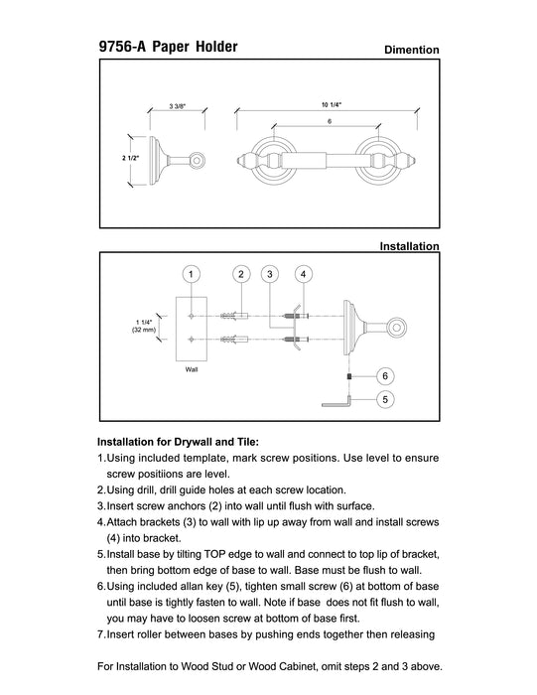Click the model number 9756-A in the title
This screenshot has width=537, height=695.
click(x=122, y=47)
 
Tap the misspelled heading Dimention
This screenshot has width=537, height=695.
click(x=412, y=50)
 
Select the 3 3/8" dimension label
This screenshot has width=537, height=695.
click(x=178, y=106)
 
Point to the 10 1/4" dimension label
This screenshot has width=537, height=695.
click(x=332, y=105)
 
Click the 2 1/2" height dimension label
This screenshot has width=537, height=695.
click(x=131, y=158)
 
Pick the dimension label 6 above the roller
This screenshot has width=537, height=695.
click(x=330, y=121)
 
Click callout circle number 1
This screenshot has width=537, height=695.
click(x=191, y=274)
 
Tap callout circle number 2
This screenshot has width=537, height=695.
click(x=241, y=274)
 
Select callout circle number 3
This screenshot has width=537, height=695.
click(x=270, y=274)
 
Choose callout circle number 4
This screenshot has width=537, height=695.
click(x=303, y=274)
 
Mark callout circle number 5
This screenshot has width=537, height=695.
click(x=385, y=399)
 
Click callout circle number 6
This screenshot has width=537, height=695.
click(x=385, y=376)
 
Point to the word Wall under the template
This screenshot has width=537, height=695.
click(x=192, y=369)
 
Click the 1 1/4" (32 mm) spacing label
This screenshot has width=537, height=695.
click(x=144, y=327)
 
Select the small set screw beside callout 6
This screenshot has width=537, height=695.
click(x=349, y=376)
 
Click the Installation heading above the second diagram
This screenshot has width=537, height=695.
click(x=409, y=246)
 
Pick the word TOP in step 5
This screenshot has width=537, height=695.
click(x=214, y=554)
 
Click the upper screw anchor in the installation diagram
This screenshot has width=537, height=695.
click(x=234, y=316)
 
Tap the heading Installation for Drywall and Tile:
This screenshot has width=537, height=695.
click(x=178, y=442)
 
